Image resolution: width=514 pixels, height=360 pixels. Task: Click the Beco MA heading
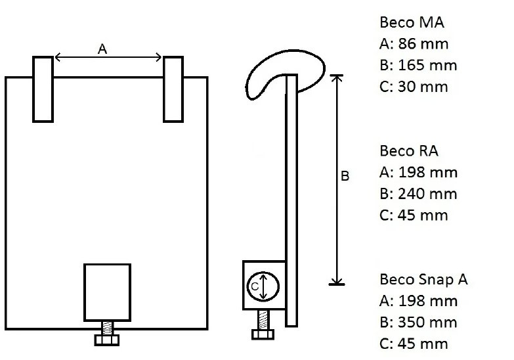pyautogui.click(x=412, y=22)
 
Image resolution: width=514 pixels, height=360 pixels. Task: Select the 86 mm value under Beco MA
pyautogui.click(x=423, y=44)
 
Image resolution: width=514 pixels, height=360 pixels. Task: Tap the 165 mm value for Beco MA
pyautogui.click(x=427, y=65)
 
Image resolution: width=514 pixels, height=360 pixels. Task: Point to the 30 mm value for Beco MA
pyautogui.click(x=423, y=87)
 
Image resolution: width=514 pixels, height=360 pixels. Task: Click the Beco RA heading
pyautogui.click(x=409, y=151)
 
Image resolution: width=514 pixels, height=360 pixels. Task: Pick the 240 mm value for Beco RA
pyautogui.click(x=427, y=194)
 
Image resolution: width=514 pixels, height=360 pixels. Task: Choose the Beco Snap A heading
pyautogui.click(x=423, y=280)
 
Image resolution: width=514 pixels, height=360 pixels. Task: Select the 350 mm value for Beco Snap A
pyautogui.click(x=427, y=323)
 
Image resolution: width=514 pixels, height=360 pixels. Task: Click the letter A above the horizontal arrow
pyautogui.click(x=102, y=49)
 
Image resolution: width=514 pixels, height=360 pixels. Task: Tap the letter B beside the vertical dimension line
pyautogui.click(x=345, y=176)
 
